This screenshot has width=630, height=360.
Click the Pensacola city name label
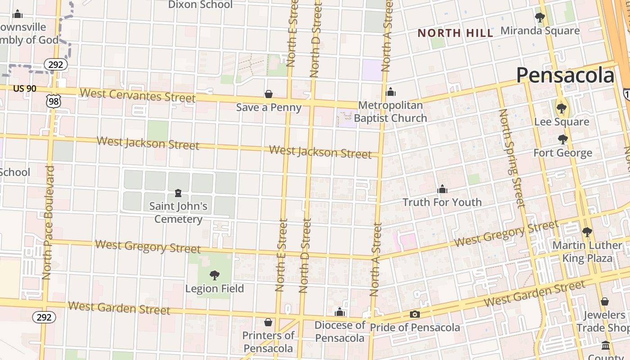click(565, 75)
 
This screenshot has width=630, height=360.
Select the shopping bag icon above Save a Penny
click(269, 94)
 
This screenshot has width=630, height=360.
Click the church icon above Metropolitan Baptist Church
click(391, 92)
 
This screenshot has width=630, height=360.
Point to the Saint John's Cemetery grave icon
click(178, 193)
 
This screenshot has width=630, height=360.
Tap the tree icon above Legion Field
click(215, 275)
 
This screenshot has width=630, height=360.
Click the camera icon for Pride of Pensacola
click(415, 314)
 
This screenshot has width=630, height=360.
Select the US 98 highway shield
click(53, 101)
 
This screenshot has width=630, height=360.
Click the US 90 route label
click(25, 89)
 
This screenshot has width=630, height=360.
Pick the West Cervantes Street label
click(138, 95)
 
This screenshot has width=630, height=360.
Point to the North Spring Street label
click(512, 158)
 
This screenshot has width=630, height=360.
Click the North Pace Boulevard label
click(48, 222)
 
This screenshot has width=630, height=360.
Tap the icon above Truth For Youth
click(442, 189)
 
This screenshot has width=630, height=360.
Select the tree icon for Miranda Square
click(540, 18)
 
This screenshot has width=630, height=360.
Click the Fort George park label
click(562, 153)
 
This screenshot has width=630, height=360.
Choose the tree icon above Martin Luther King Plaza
click(587, 232)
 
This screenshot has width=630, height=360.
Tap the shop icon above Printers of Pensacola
click(268, 322)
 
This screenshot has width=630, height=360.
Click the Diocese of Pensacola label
click(340, 331)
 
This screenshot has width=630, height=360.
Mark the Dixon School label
click(200, 5)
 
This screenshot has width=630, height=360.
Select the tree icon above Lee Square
click(561, 108)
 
